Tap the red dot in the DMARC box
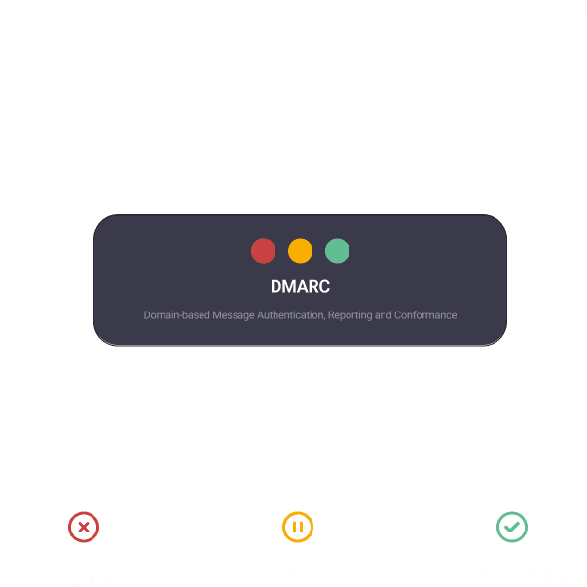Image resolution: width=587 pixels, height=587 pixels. click(x=263, y=251)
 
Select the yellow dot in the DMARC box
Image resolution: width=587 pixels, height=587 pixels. click(x=300, y=251)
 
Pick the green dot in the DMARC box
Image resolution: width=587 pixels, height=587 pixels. click(x=337, y=251)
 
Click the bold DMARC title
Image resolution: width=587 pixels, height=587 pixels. click(x=300, y=287)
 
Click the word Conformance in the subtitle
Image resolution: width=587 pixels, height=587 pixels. click(x=425, y=315)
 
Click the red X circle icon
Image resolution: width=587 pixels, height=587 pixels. click(x=85, y=528)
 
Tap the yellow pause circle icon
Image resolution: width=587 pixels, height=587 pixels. click(x=298, y=528)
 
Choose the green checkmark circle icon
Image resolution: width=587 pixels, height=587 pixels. click(x=512, y=528)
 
